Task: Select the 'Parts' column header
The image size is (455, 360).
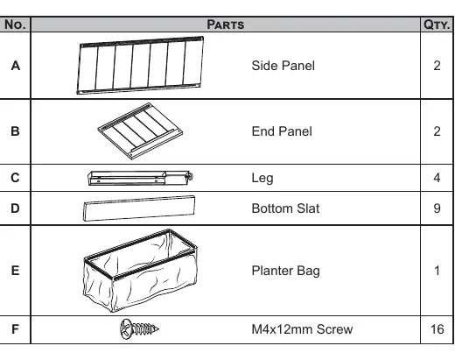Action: coord(226,25)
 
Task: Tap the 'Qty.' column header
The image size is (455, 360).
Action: coord(437,25)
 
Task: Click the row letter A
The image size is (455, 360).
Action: coord(16,66)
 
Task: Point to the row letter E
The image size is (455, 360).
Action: coord(15,271)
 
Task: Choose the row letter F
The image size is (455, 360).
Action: coord(15,329)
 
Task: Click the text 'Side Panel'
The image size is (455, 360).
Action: coord(283,66)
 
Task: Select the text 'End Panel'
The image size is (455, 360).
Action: coord(282,131)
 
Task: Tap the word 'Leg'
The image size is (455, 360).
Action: coord(262,178)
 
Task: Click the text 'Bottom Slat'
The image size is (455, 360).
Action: coord(285,208)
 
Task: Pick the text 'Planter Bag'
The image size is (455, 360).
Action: coord(285,271)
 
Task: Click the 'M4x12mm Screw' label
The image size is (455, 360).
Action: coord(302,329)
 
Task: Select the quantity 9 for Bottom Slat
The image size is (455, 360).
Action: coord(437,208)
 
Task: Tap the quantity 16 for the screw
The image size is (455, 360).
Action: coord(437,329)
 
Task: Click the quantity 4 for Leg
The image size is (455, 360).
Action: coord(437,178)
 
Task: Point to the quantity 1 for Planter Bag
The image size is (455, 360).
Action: coord(437,271)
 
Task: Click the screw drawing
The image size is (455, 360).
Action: coord(139,329)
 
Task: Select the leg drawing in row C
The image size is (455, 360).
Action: coord(140,178)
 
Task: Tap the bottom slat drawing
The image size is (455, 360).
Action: coord(139,208)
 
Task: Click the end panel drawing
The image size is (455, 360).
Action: coord(140,131)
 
